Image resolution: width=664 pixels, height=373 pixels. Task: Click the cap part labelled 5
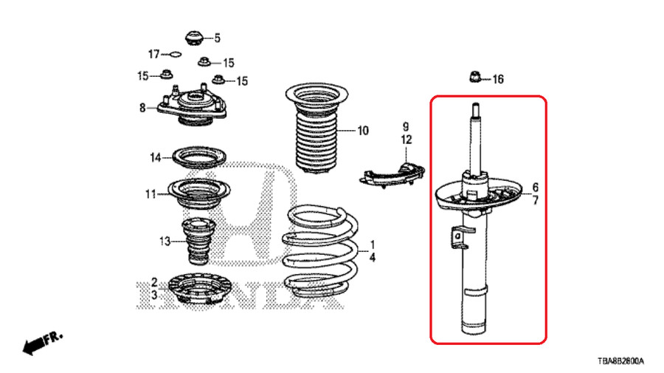point(194,38)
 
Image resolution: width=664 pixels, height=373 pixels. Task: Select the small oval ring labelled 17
point(174,54)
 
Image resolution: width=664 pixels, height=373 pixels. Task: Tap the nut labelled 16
point(476,76)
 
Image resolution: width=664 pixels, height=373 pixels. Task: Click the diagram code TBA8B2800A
point(620,362)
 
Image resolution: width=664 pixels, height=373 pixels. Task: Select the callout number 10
point(363,132)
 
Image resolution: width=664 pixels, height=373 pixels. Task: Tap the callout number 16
point(497,79)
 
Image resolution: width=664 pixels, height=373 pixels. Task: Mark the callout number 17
point(153,54)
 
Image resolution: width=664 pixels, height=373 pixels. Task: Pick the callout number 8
point(142,109)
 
